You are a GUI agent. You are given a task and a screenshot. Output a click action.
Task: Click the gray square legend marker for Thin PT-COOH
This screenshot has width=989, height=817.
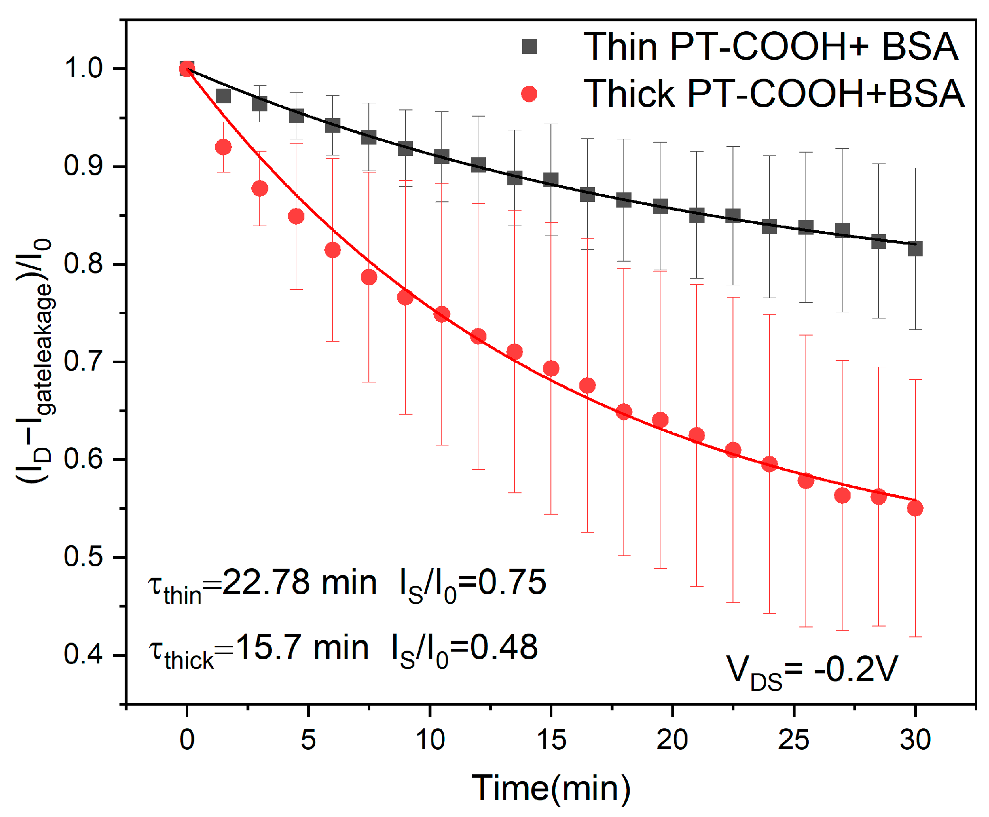coord(529,46)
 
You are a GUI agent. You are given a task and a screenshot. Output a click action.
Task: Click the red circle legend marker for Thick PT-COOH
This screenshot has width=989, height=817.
coord(529,94)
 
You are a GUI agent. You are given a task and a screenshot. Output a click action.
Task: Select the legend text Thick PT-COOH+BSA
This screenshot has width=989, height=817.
coord(774,94)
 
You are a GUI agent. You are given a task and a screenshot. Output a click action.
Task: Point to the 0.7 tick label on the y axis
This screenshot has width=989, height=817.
coord(83,362)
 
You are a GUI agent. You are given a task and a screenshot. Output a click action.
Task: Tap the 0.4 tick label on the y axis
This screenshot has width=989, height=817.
coord(83,654)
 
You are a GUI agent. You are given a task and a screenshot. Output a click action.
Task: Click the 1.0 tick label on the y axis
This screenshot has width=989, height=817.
coord(83,68)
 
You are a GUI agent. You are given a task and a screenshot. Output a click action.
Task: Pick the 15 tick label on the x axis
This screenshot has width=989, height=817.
coord(551,740)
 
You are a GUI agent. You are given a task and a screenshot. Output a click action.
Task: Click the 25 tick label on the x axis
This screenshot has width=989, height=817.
coord(794,740)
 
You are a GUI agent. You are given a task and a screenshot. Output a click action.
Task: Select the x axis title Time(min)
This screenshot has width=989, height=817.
coord(551,789)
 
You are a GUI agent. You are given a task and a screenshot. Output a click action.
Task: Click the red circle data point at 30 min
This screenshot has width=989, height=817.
coord(915,508)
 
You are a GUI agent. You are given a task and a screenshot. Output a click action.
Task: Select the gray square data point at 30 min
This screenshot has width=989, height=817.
coord(915,248)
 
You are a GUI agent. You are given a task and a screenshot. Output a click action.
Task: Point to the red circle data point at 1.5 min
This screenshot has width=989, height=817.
coord(223,147)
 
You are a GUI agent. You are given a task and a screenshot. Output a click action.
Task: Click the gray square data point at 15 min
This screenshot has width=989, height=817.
coord(551,180)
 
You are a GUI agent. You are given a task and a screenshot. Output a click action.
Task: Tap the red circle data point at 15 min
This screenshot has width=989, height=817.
coord(551,368)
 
